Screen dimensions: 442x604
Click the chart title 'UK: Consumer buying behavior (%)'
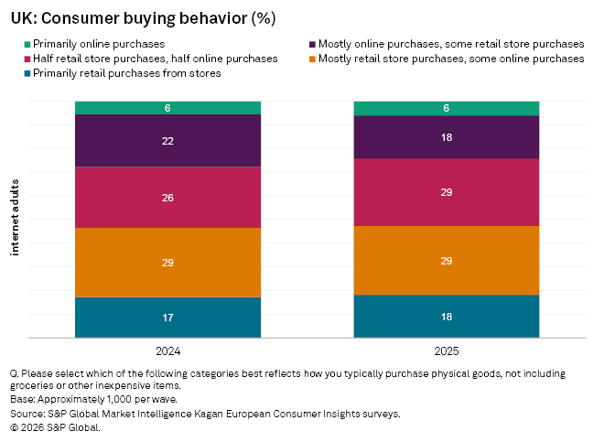click(x=143, y=18)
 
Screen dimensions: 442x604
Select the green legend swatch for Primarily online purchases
click(x=27, y=44)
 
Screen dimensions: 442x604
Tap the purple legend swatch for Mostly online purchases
click(x=312, y=44)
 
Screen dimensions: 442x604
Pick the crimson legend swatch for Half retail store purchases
click(x=27, y=59)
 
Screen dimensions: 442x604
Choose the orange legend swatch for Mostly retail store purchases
click(x=312, y=59)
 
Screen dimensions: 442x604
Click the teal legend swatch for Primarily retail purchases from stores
click(x=27, y=73)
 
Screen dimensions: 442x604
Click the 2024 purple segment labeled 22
click(x=167, y=141)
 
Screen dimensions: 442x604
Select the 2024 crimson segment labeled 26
click(x=167, y=197)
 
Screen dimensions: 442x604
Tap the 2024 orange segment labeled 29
click(x=167, y=263)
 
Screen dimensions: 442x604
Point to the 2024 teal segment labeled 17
click(x=167, y=318)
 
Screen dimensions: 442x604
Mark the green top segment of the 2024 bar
click(x=167, y=108)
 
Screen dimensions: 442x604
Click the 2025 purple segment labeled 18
click(x=447, y=137)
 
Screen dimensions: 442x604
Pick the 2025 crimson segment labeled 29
click(x=447, y=192)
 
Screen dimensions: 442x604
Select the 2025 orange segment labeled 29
click(x=447, y=261)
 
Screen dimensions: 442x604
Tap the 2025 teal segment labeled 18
click(x=447, y=317)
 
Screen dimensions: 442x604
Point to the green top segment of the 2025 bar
click(x=447, y=108)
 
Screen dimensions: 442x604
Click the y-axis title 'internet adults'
click(x=16, y=220)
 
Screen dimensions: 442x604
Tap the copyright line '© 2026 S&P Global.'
click(x=55, y=426)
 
